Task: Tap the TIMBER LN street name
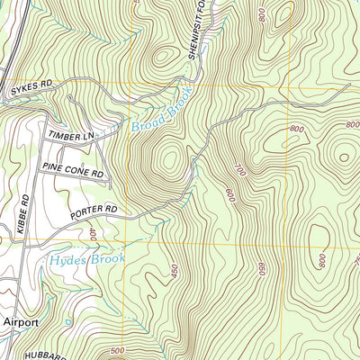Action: click(73, 134)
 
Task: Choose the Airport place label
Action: click(20, 321)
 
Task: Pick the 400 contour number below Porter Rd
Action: click(94, 234)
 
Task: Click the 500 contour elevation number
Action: click(115, 350)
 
